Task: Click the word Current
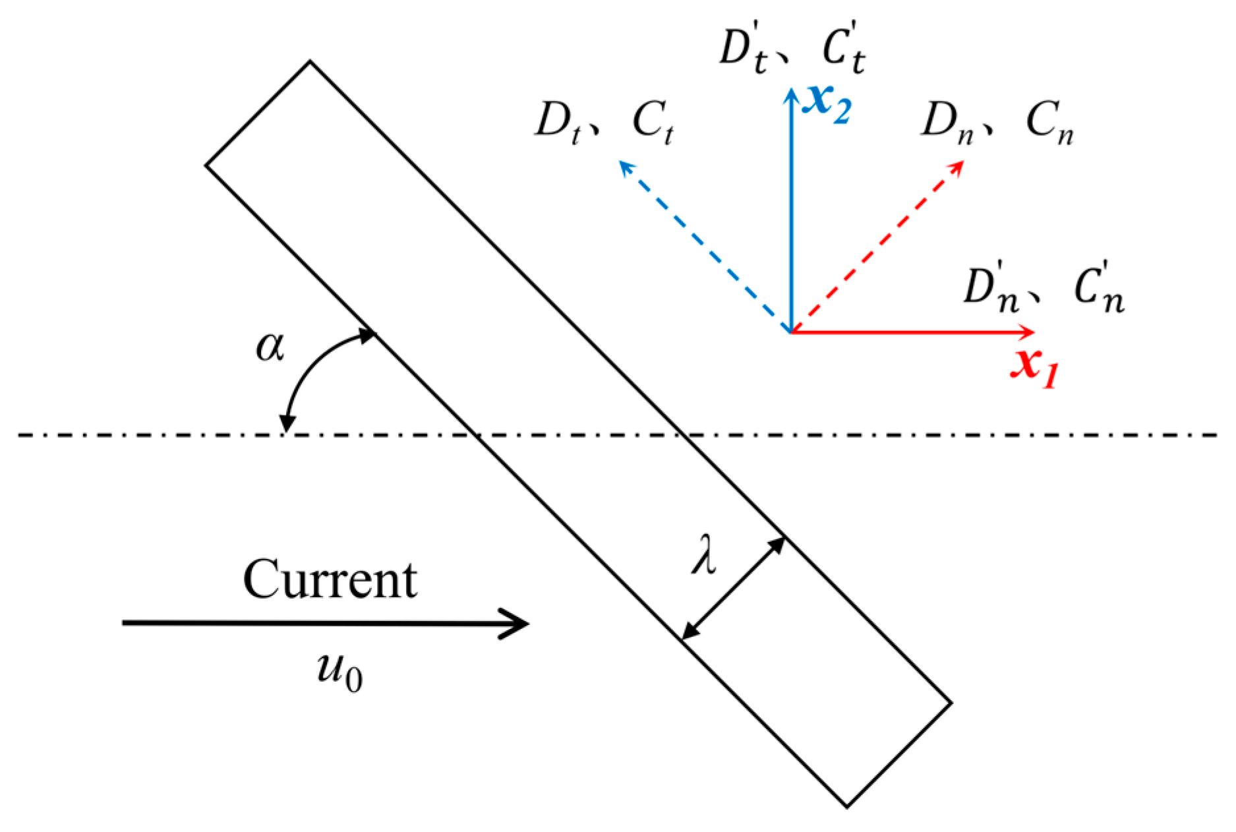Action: tap(330, 580)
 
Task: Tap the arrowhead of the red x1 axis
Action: tap(1028, 331)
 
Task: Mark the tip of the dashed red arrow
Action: tap(960, 164)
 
